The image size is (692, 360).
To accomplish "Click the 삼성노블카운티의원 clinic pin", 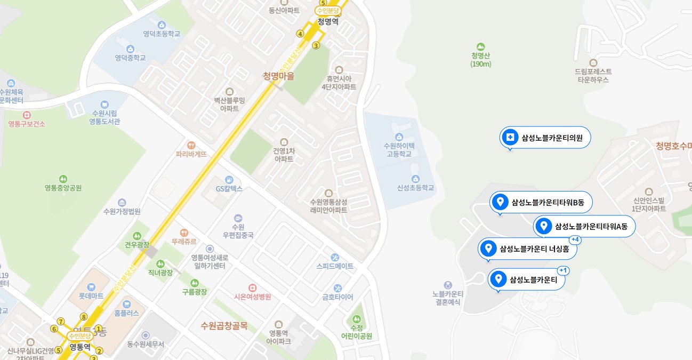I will pyautogui.click(x=510, y=138).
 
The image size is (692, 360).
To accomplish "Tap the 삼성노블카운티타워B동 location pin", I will pyautogui.click(x=500, y=202).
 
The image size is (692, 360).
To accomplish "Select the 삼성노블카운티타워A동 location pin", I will pyautogui.click(x=544, y=226).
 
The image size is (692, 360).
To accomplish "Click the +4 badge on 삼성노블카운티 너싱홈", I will pyautogui.click(x=575, y=240).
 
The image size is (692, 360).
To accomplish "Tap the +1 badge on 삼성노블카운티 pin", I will pyautogui.click(x=564, y=270).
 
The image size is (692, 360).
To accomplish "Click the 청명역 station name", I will pyautogui.click(x=328, y=22).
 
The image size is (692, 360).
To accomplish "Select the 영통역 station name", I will pyautogui.click(x=80, y=347).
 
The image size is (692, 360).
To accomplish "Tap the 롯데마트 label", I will pyautogui.click(x=91, y=295).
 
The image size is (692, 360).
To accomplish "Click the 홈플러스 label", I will pyautogui.click(x=126, y=314).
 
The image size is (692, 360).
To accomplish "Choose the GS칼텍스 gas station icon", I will pyautogui.click(x=229, y=180).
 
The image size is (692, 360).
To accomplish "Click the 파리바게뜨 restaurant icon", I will pyautogui.click(x=191, y=145).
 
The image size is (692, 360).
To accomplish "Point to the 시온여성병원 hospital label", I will pyautogui.click(x=253, y=297).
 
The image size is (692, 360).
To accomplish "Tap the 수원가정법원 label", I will pyautogui.click(x=122, y=211).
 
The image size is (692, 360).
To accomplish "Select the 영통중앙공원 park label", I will pyautogui.click(x=63, y=188).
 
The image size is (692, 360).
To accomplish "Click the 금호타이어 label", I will pyautogui.click(x=337, y=297).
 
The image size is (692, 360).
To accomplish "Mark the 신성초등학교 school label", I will pyautogui.click(x=415, y=188).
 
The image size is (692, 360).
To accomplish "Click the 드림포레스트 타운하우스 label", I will pyautogui.click(x=593, y=75).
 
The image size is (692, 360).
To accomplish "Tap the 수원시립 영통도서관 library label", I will pyautogui.click(x=104, y=117).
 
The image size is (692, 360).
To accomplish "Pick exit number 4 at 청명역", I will pyautogui.click(x=300, y=34).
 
